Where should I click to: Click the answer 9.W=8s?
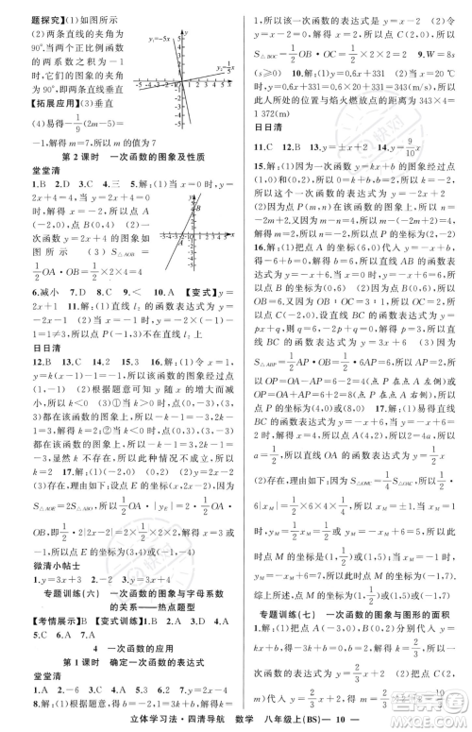point(439,65)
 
